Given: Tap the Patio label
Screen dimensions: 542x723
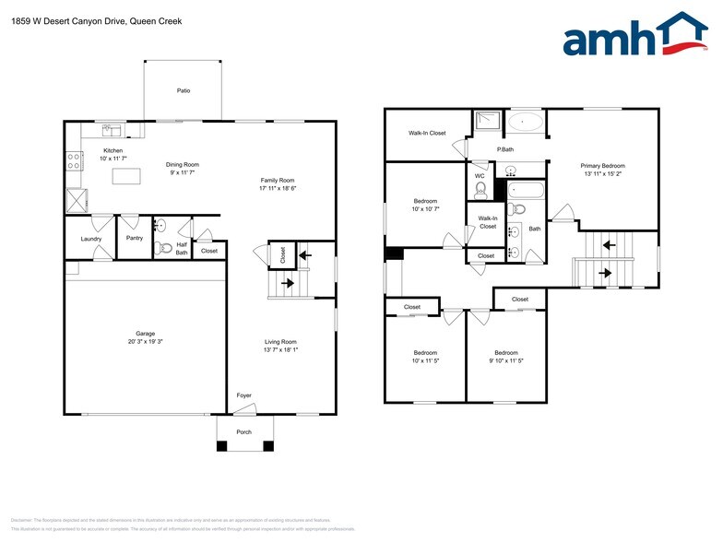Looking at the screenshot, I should click(184, 90).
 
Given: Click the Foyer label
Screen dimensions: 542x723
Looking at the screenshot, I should click(243, 395).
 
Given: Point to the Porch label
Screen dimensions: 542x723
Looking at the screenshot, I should click(244, 431).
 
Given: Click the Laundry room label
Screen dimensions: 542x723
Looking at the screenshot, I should click(90, 239).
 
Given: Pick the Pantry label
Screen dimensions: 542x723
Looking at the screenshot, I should click(135, 237).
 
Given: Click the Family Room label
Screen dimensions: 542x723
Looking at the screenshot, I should click(277, 180).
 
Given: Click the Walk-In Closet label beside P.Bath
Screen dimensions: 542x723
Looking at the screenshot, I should click(427, 133).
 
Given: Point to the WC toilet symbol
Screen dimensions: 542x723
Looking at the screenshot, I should click(480, 190).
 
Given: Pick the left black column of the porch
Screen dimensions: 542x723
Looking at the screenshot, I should click(221, 447).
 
